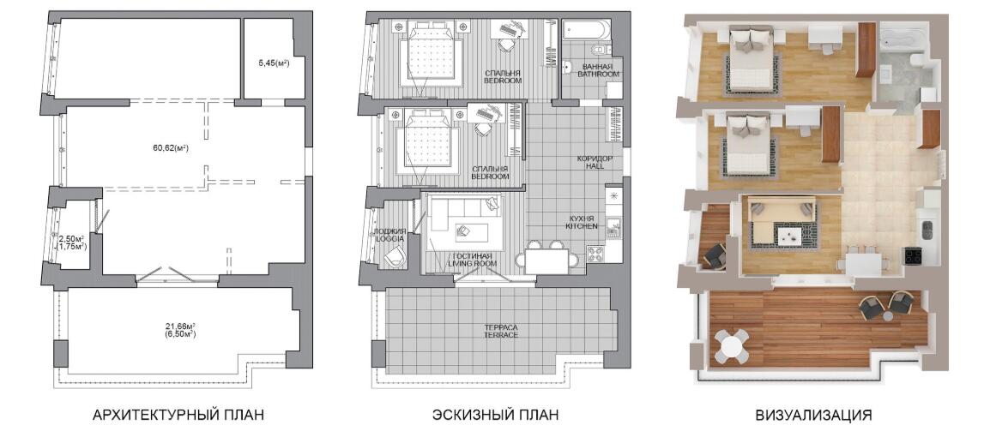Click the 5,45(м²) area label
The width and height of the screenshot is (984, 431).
coord(274,62)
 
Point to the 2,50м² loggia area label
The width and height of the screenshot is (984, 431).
coord(71,238)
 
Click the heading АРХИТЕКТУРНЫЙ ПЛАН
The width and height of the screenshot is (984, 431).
coord(178,415)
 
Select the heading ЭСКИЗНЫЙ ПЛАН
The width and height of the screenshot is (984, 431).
coord(495,415)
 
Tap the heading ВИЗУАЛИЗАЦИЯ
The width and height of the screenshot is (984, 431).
coord(814,415)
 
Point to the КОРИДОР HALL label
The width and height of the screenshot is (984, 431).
coord(599,163)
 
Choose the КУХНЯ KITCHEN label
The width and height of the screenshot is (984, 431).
coord(580,221)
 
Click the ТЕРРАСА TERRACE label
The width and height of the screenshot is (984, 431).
coord(501,332)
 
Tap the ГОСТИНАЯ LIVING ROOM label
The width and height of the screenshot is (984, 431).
coord(472,260)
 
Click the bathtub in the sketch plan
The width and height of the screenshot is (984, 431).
coord(584,30)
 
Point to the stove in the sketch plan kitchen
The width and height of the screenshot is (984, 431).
coord(595,254)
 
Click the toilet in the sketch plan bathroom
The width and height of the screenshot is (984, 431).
coord(597,49)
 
